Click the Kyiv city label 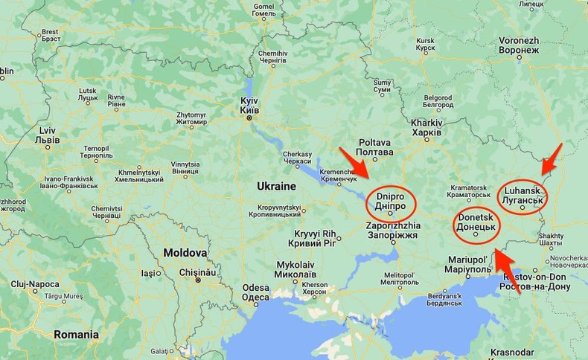[x=249, y=105]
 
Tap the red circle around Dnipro [x=391, y=203]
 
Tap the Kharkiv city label [x=426, y=127]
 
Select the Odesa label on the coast [x=255, y=292]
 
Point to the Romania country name [x=76, y=335]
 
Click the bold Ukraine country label [x=276, y=186]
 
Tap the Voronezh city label [x=518, y=45]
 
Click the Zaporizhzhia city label [x=393, y=230]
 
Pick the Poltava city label [x=375, y=147]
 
